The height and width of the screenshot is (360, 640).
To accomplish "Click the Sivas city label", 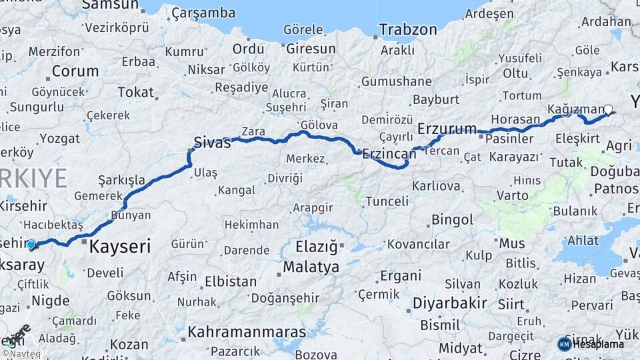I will (x=212, y=141).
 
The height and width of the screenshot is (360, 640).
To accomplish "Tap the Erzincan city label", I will (x=389, y=154).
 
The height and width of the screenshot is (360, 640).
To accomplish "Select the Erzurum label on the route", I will (x=447, y=128).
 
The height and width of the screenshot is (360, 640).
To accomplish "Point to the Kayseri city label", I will (x=120, y=246).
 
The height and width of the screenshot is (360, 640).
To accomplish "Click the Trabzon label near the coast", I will (x=408, y=29).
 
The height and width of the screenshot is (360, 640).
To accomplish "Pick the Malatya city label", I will (x=311, y=267).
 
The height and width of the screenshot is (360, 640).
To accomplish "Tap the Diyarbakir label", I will (x=449, y=303).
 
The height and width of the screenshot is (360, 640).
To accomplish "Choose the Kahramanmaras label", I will (x=247, y=331).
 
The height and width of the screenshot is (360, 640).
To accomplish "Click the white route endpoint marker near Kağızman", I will (x=608, y=109).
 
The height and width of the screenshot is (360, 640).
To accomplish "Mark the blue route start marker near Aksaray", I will (x=31, y=245).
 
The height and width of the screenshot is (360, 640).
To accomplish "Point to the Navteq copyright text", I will (x=21, y=353).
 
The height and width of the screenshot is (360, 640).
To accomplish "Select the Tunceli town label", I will (x=387, y=201).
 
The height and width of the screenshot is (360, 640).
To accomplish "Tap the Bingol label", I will (x=452, y=219).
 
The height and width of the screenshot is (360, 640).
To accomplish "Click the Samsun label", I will (x=109, y=5).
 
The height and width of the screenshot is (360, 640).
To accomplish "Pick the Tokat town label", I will (x=135, y=92).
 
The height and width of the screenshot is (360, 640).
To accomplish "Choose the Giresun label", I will (x=311, y=49).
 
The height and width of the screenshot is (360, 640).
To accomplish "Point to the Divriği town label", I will (x=285, y=178).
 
